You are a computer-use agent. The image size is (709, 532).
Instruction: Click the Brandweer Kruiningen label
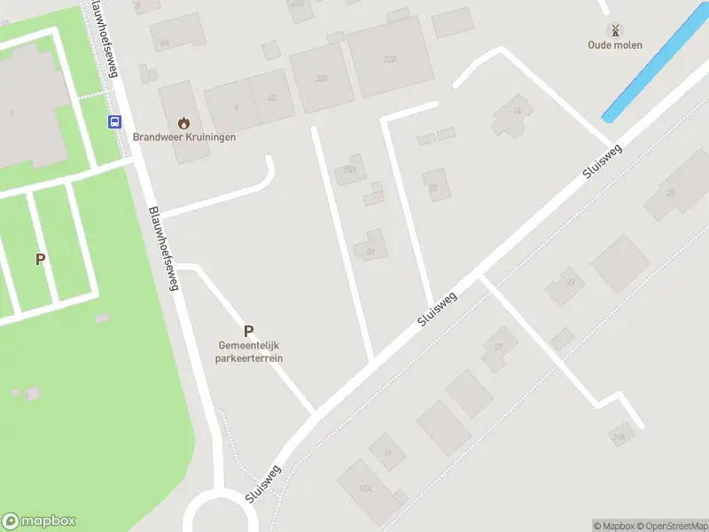184,137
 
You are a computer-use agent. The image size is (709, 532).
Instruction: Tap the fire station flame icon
184,122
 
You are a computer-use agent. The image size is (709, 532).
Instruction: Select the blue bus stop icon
114,122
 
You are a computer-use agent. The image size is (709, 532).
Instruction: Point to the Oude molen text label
616,45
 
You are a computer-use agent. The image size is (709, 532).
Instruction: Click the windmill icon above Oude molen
616,30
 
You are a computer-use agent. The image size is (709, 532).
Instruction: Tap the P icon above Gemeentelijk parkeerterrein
249,330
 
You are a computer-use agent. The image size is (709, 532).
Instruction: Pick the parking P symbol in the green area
40,259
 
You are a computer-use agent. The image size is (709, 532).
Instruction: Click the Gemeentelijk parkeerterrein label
249,352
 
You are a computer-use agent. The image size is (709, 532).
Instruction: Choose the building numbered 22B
389,58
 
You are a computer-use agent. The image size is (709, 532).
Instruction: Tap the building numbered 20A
322,79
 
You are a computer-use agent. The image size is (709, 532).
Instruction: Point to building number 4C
272,98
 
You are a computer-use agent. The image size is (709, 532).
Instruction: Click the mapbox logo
39,521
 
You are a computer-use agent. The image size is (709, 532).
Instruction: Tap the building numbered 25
671,192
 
